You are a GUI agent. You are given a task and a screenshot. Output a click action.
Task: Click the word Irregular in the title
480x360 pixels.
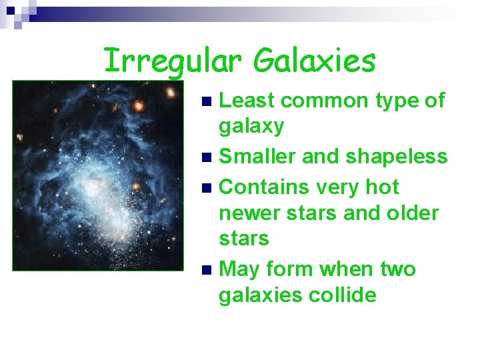point(174,61)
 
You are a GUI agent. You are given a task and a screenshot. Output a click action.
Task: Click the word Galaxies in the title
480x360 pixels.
point(314,61)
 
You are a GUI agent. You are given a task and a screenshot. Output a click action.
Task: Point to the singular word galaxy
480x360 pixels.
point(251,125)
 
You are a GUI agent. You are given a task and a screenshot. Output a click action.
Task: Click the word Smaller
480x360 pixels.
point(257,157)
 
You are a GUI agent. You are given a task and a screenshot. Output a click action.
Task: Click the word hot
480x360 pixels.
point(379,187)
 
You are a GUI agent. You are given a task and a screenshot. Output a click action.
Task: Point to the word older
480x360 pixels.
point(410,213)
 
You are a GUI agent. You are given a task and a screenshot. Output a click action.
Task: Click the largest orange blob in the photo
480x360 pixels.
point(138,105)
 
